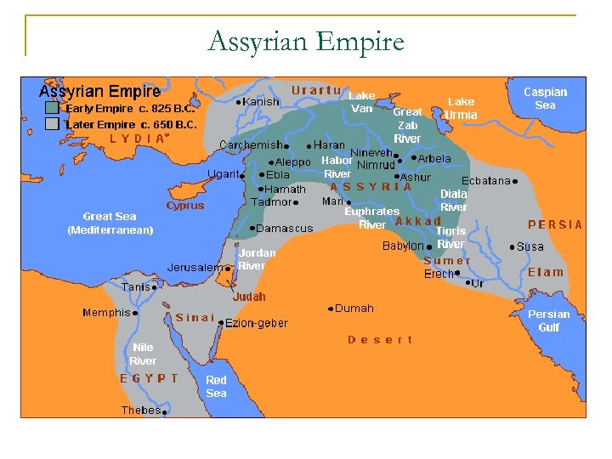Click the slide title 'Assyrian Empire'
pyautogui.click(x=306, y=40)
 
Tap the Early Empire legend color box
pyautogui.click(x=53, y=109)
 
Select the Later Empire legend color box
pyautogui.click(x=53, y=123)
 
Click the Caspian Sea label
pyautogui.click(x=545, y=99)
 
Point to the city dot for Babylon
pyautogui.click(x=429, y=246)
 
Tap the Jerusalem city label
pyautogui.click(x=195, y=267)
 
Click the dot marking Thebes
pyautogui.click(x=164, y=411)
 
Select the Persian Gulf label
pyautogui.click(x=548, y=320)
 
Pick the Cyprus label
pyautogui.click(x=184, y=206)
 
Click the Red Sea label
pyautogui.click(x=216, y=387)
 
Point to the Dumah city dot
pyautogui.click(x=330, y=309)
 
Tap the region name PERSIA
pyautogui.click(x=555, y=225)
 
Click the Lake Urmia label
pyautogui.click(x=462, y=108)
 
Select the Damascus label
pyautogui.click(x=286, y=229)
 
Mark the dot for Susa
pyautogui.click(x=513, y=247)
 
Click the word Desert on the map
pyautogui.click(x=380, y=340)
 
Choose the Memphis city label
pyautogui.click(x=106, y=313)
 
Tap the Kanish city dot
pyautogui.click(x=237, y=102)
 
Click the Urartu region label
pyautogui.click(x=316, y=90)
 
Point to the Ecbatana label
pyautogui.click(x=485, y=181)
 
